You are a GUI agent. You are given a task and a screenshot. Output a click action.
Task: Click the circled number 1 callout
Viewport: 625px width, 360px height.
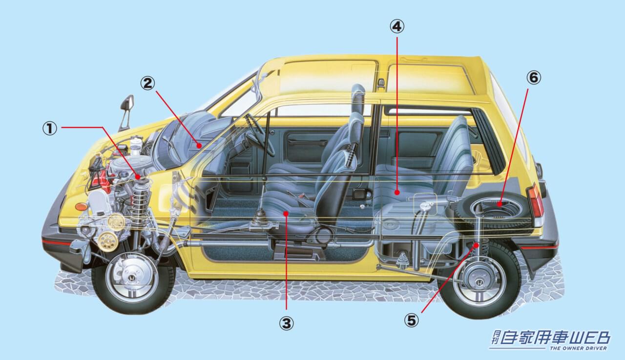(x=49, y=128)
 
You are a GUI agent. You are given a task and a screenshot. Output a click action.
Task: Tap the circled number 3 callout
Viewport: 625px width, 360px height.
(x=286, y=323)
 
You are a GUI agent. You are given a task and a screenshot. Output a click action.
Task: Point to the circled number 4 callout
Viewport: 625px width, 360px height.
(x=397, y=26)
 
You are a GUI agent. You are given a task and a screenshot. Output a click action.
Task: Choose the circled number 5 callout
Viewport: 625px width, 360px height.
(x=412, y=320)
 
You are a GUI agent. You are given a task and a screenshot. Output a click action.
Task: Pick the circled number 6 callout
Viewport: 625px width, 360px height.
(x=534, y=78)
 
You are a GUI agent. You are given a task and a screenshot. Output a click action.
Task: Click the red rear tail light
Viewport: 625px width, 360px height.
(x=536, y=201)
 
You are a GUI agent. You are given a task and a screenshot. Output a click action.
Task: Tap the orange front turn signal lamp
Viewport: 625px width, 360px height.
(x=81, y=207)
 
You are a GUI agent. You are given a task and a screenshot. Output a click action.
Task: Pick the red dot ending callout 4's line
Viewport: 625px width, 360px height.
(x=397, y=193)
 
